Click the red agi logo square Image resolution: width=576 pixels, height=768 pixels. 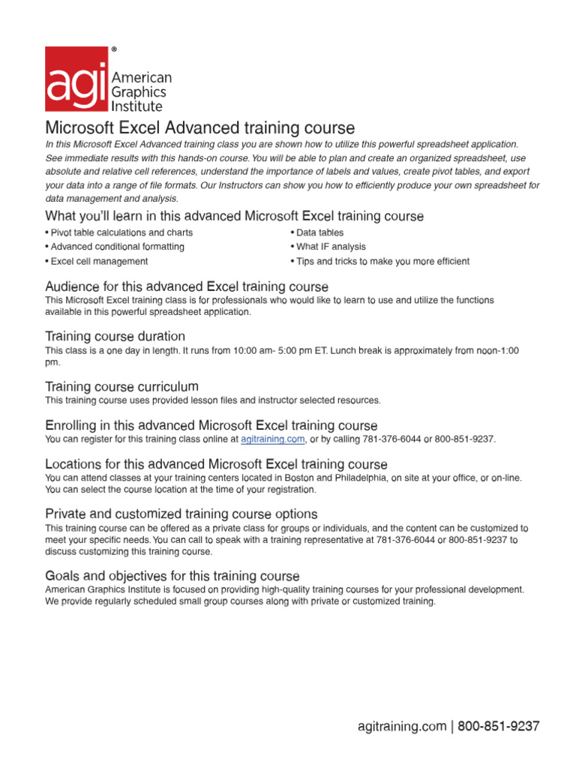pos(76,79)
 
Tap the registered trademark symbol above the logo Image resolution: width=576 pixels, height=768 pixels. pos(114,49)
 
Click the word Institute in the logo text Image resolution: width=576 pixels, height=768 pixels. pos(136,106)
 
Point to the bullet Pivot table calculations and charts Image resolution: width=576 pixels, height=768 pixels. pos(118,232)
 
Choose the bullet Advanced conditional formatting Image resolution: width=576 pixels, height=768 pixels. pos(115,247)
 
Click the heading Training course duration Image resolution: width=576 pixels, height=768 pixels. pos(115,336)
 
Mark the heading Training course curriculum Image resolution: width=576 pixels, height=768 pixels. pos(121,387)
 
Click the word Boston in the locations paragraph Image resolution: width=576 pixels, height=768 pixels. pos(306,478)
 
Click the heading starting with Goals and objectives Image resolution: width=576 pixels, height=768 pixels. pos(172,576)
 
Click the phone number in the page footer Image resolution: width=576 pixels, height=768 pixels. pos(498,727)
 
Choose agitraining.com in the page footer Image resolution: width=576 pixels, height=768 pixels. pos(401,727)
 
